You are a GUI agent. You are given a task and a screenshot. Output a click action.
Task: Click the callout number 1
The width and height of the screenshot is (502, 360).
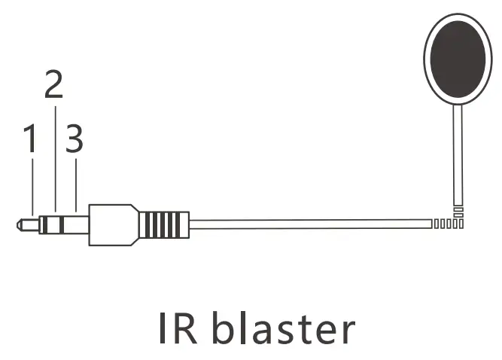click(30, 139)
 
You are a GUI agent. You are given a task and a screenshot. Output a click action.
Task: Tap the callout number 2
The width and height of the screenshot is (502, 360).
click(53, 85)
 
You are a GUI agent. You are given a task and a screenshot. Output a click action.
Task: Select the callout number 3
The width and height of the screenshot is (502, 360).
click(75, 139)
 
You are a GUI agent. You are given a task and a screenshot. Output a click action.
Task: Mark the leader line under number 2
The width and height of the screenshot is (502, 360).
click(55, 158)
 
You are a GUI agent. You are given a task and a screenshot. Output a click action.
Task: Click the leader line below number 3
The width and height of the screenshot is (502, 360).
click(76, 185)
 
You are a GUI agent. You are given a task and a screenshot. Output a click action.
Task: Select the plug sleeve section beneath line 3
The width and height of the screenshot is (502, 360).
click(77, 224)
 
